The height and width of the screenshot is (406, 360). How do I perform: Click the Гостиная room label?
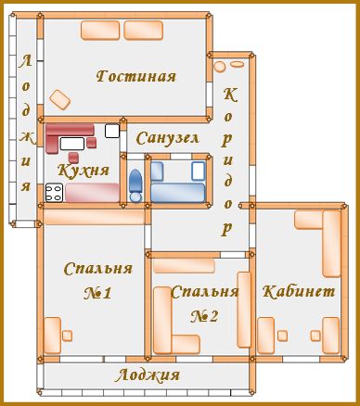(x=136, y=76)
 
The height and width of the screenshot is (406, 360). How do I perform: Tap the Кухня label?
(x=84, y=170)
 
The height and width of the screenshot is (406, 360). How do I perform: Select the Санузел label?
(x=167, y=138)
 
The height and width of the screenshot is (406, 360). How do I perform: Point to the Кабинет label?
(x=299, y=291)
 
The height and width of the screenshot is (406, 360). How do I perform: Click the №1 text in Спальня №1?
(x=97, y=293)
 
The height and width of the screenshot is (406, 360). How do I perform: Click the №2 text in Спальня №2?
(x=204, y=316)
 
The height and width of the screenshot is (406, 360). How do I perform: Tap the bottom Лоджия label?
(x=148, y=375)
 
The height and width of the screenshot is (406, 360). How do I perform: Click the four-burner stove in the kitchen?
(x=54, y=193)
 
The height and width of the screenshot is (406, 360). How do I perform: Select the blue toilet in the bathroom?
(x=135, y=185)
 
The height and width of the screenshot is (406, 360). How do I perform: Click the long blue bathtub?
(x=177, y=193)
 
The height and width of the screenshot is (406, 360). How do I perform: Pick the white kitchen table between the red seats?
(x=72, y=144)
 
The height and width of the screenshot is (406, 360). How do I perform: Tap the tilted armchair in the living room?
(x=60, y=99)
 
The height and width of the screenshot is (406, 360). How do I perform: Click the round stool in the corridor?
(x=219, y=67)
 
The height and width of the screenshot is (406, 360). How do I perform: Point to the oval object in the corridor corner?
(x=238, y=64)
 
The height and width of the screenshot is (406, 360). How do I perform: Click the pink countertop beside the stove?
(x=92, y=193)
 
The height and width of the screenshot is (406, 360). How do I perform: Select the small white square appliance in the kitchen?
(x=112, y=131)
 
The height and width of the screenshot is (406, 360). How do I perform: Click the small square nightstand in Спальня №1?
(x=67, y=336)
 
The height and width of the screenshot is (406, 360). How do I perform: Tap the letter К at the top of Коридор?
(x=230, y=95)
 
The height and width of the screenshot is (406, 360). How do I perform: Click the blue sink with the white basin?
(x=198, y=171)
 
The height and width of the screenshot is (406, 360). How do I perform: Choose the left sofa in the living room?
(x=100, y=31)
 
